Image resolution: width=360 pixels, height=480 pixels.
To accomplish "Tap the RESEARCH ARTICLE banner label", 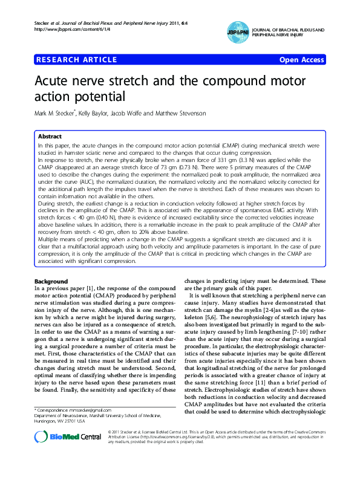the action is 77,60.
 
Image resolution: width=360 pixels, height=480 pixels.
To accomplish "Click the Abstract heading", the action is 50,137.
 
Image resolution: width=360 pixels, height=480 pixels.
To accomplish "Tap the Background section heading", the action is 51,282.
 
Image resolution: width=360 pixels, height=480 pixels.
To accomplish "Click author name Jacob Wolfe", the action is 133,114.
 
